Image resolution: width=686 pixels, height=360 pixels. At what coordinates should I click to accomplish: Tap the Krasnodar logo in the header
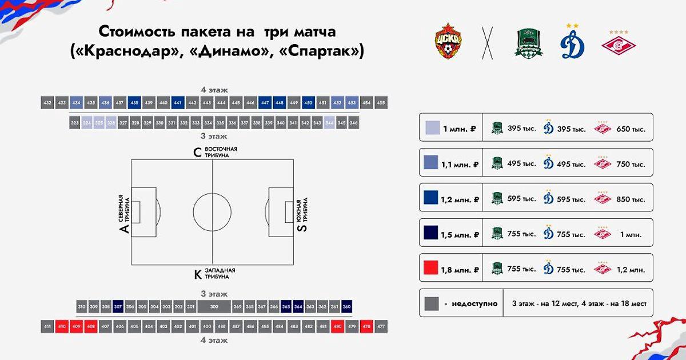click(527, 43)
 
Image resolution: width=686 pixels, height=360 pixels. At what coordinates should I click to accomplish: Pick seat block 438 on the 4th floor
click(135, 103)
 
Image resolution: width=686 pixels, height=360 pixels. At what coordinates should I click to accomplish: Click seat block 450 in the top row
click(308, 103)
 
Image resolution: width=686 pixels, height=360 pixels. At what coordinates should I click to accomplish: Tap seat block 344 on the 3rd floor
click(329, 123)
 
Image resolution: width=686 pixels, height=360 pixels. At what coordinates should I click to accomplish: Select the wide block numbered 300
click(214, 307)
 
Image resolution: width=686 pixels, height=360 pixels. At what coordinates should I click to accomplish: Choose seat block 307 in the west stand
click(118, 307)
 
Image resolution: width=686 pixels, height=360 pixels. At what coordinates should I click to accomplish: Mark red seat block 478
click(367, 327)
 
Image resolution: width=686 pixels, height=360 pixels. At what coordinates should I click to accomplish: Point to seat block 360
click(347, 307)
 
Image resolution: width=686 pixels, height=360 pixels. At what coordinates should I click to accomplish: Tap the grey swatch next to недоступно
click(430, 303)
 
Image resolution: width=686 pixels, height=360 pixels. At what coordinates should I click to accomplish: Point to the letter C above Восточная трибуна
click(198, 152)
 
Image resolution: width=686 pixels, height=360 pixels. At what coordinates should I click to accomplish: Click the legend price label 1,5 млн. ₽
click(460, 234)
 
